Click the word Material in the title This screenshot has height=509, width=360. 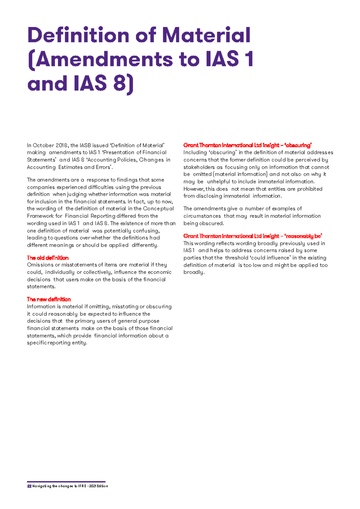click(x=206, y=35)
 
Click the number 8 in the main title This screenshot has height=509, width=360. click(x=120, y=83)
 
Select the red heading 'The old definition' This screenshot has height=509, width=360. click(x=48, y=258)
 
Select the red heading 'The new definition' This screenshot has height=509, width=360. click(x=49, y=299)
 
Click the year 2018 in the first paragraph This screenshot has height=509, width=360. click(x=62, y=145)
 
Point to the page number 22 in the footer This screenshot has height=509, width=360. click(x=29, y=486)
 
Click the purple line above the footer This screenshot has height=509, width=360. click(x=66, y=481)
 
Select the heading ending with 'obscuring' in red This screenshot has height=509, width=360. click(x=247, y=145)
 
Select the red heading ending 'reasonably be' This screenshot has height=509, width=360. click(x=253, y=236)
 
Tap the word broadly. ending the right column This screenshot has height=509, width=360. click(x=194, y=272)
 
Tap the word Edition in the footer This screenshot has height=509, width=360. click(x=102, y=486)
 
